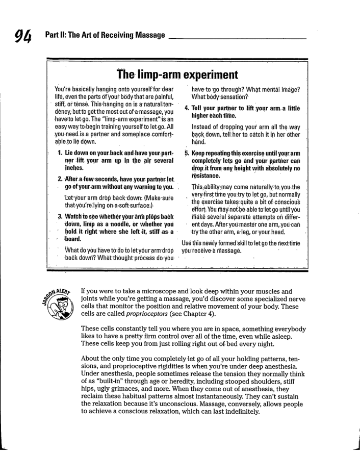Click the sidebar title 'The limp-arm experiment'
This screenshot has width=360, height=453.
coord(179,75)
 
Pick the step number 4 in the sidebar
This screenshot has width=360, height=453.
coord(187,109)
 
